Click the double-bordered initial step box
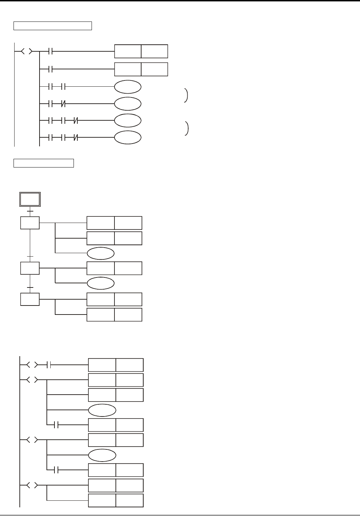pyautogui.click(x=30, y=199)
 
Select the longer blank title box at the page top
pyautogui.click(x=53, y=26)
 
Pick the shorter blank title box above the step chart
pyautogui.click(x=44, y=163)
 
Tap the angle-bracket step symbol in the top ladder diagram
pyautogui.click(x=27, y=52)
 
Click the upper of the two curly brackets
pyautogui.click(x=187, y=95)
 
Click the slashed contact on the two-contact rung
pyautogui.click(x=63, y=103)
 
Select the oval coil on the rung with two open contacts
pyautogui.click(x=128, y=87)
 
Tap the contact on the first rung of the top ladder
pyautogui.click(x=50, y=52)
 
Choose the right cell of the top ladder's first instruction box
pyautogui.click(x=154, y=51)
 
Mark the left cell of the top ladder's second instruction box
pyautogui.click(x=128, y=69)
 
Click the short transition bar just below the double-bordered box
pyautogui.click(x=30, y=210)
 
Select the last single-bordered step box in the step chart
pyautogui.click(x=30, y=299)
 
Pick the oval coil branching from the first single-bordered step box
pyautogui.click(x=101, y=253)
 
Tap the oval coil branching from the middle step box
pyautogui.click(x=101, y=283)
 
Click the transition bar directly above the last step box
pyautogui.click(x=30, y=287)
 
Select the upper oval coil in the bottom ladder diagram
pyautogui.click(x=102, y=410)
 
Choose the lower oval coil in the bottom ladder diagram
pyautogui.click(x=102, y=455)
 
